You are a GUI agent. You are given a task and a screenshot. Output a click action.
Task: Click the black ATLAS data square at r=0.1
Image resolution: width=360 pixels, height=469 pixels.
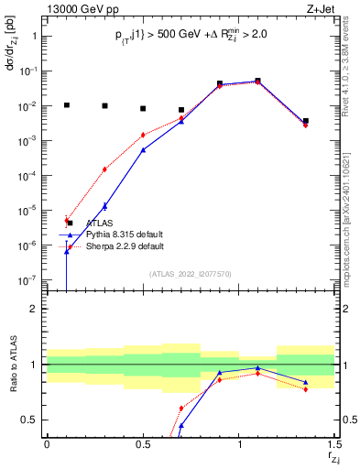pyautogui.click(x=66, y=105)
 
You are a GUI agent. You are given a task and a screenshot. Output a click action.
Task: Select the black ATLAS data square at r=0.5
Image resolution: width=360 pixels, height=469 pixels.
pyautogui.click(x=143, y=108)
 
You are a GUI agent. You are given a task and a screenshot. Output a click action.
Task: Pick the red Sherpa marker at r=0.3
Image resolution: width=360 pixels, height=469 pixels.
pyautogui.click(x=104, y=169)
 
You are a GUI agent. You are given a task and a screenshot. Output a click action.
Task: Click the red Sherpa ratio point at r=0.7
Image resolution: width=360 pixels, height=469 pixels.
pyautogui.click(x=181, y=408)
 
